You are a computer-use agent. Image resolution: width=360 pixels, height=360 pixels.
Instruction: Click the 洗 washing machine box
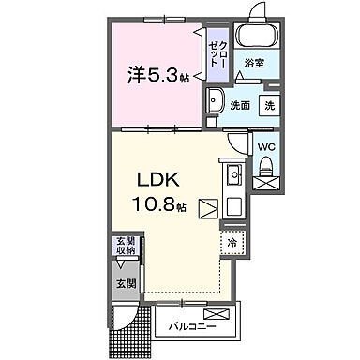tap(269, 106)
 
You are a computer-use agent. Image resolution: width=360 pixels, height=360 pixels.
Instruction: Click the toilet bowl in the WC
tap(266, 167)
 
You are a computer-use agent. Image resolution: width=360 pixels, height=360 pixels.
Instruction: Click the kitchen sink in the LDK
tap(233, 176)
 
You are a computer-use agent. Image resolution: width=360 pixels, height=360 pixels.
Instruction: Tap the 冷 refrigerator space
tap(232, 242)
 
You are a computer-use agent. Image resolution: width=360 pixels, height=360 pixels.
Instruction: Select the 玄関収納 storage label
tap(126, 246)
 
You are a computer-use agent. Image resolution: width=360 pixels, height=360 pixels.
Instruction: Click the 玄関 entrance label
tap(126, 283)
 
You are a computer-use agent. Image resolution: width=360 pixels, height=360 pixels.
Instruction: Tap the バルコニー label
tap(189, 328)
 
